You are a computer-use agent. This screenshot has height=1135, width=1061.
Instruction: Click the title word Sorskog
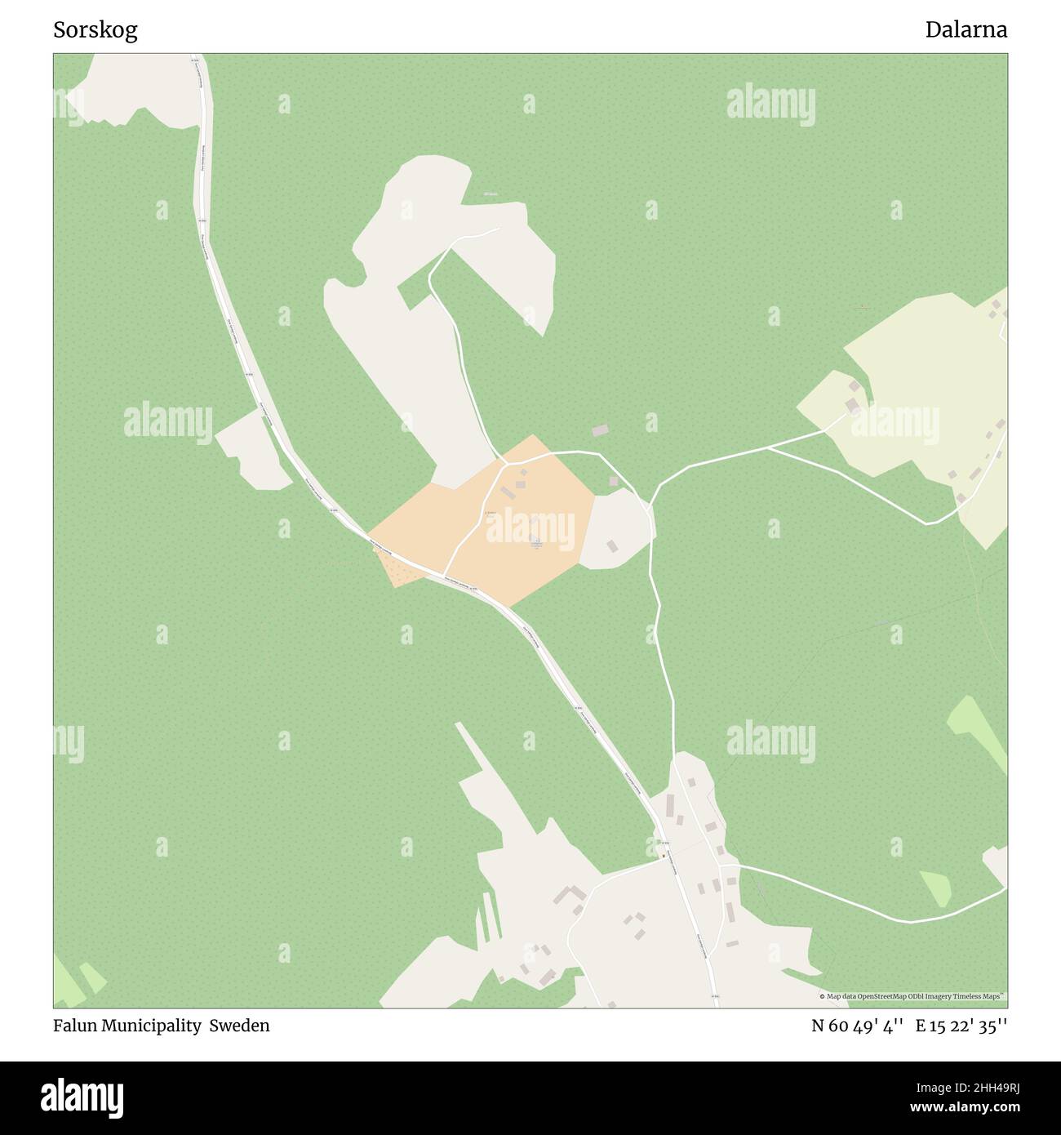95,30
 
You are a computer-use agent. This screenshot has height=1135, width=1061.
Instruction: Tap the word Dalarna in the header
966,30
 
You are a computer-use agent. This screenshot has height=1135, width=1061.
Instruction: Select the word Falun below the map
75,1026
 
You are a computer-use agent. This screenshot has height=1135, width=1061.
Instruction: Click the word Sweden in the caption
239,1026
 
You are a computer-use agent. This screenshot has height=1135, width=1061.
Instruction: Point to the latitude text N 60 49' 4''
856,1026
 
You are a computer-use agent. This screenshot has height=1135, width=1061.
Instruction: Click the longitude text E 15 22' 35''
961,1026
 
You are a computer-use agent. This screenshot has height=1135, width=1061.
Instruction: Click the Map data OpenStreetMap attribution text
912,996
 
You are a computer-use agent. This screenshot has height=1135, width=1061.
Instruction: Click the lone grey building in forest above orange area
600,430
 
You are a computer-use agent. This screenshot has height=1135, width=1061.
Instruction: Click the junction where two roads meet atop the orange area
506,463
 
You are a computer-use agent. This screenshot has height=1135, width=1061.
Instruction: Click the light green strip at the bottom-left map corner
69,984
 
